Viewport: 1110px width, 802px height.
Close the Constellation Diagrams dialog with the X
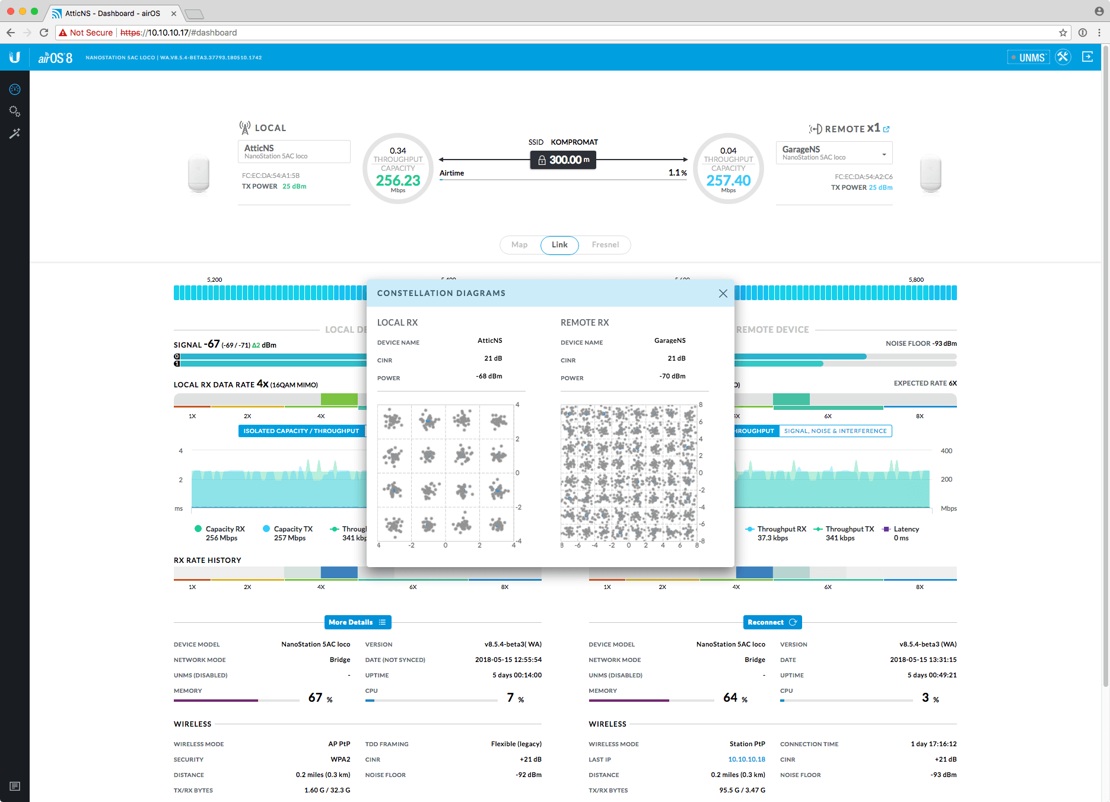[x=723, y=294]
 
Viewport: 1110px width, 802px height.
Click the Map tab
[x=519, y=245]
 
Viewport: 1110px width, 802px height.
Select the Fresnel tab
[x=605, y=245]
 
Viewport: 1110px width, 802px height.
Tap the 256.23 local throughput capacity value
[x=398, y=180]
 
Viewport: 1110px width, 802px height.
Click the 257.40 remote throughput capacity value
[x=729, y=180]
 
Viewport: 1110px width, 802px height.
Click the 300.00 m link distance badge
[x=563, y=160]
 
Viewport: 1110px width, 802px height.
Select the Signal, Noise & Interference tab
[x=835, y=431]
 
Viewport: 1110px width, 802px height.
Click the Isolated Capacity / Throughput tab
[x=301, y=431]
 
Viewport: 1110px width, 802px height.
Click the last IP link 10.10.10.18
[x=746, y=759]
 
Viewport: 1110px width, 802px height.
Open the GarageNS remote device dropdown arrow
[x=884, y=154]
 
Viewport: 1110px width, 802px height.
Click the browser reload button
[x=44, y=33]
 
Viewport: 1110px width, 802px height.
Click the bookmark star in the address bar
[x=1063, y=33]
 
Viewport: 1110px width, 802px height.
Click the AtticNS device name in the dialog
[x=490, y=340]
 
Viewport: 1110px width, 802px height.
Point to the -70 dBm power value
[x=672, y=376]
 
